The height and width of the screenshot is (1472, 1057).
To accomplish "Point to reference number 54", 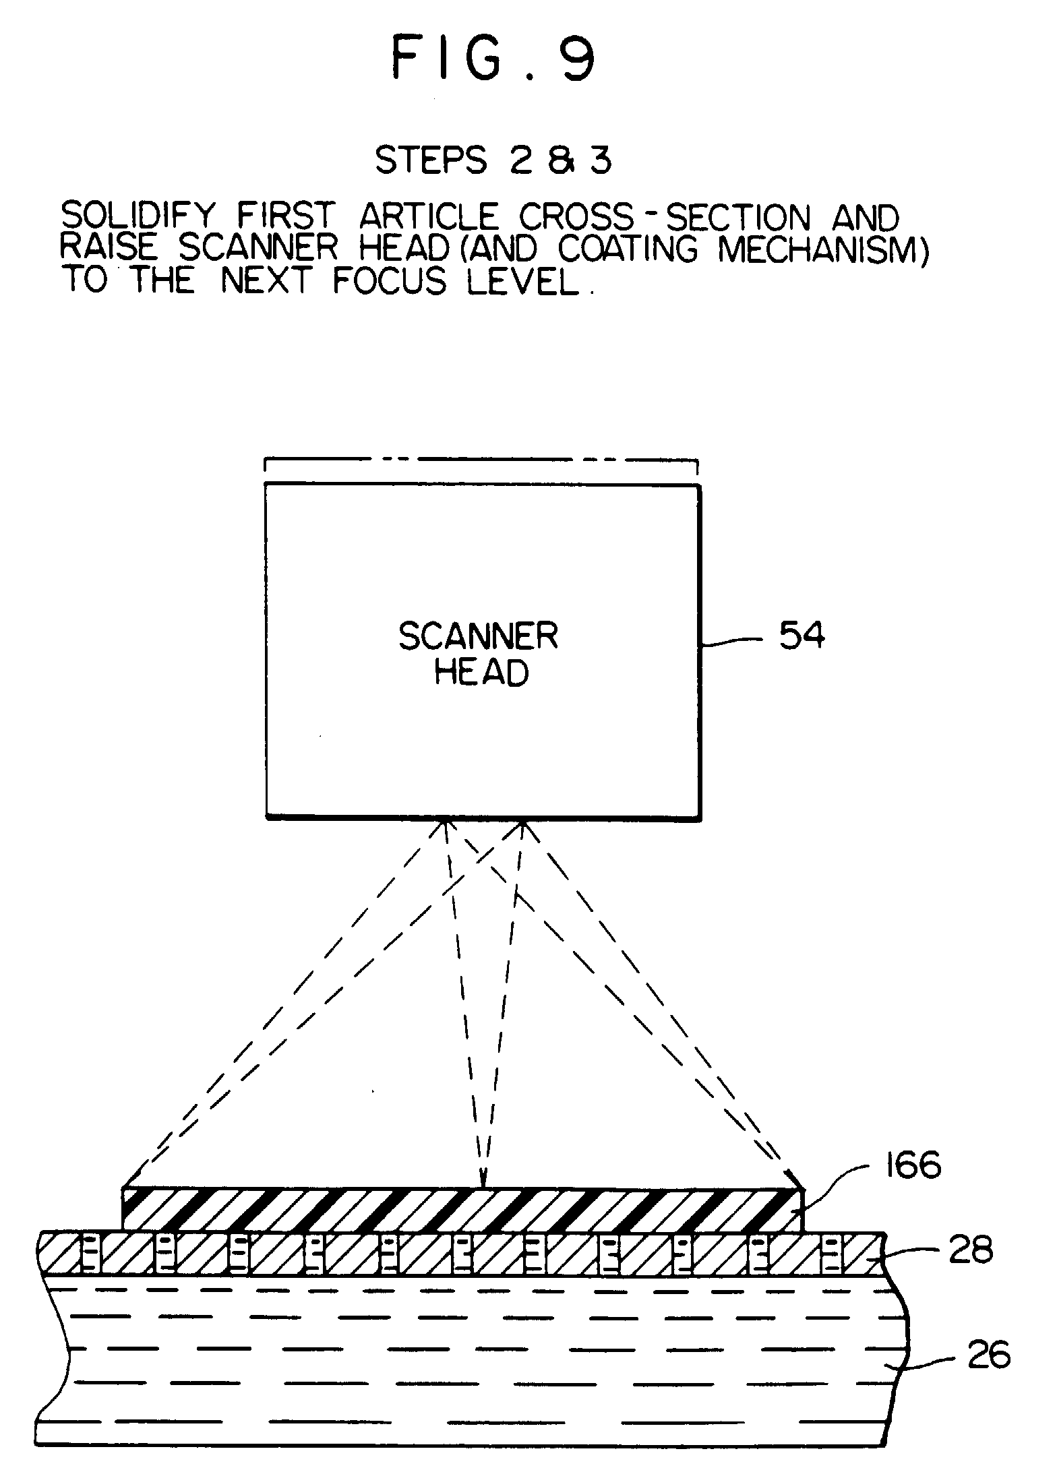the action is (802, 636).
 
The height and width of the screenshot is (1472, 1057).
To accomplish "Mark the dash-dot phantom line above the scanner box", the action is (481, 460).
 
